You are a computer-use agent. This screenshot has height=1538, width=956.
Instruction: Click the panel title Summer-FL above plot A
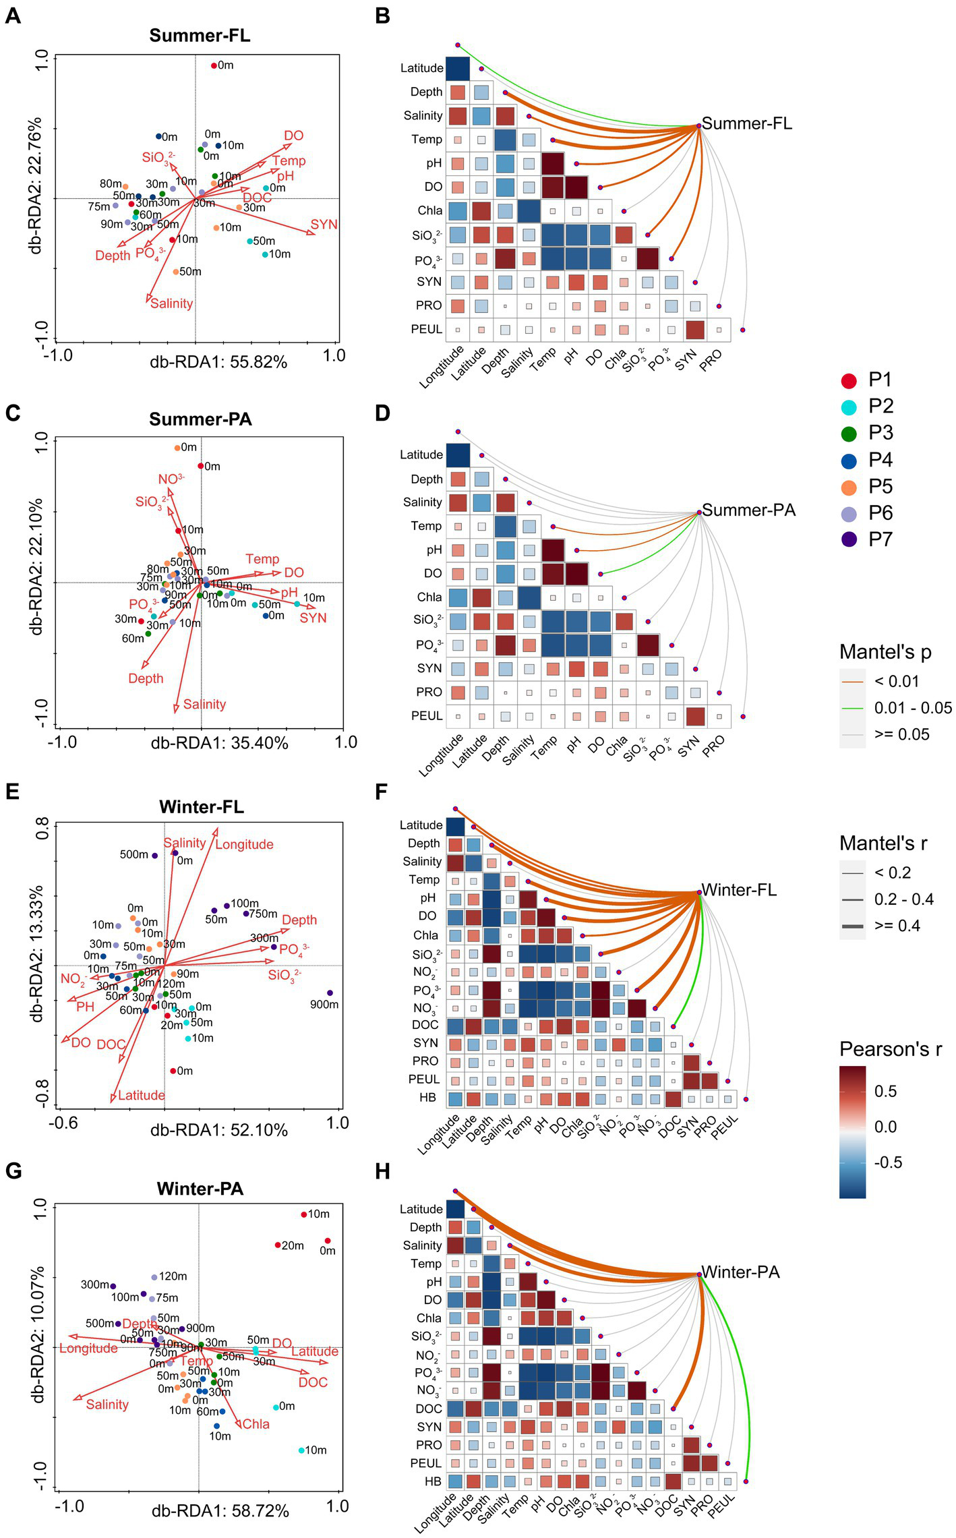point(200,36)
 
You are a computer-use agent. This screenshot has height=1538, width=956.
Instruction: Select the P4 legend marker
point(849,461)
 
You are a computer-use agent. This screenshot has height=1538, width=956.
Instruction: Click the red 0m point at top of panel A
point(214,65)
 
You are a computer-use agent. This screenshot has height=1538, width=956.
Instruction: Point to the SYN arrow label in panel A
point(324,225)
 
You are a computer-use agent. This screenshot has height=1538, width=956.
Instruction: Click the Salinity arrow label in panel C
point(204,704)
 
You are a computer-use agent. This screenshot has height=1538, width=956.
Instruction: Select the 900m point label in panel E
point(324,1005)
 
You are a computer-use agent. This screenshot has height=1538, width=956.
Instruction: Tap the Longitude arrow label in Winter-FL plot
point(244,844)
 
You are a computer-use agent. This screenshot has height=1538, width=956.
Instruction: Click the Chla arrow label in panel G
point(256,1424)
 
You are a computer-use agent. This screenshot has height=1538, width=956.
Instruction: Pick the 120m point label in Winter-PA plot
point(173,1276)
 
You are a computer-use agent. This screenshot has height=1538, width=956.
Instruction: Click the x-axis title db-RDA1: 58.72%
point(220,1511)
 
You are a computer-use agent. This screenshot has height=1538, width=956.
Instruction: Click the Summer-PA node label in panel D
point(748,510)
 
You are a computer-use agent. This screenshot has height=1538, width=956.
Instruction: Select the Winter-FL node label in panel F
point(739,890)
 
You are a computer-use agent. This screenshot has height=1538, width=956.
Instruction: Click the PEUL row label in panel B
point(427,329)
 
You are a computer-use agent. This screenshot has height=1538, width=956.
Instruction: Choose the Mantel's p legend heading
point(886,652)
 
